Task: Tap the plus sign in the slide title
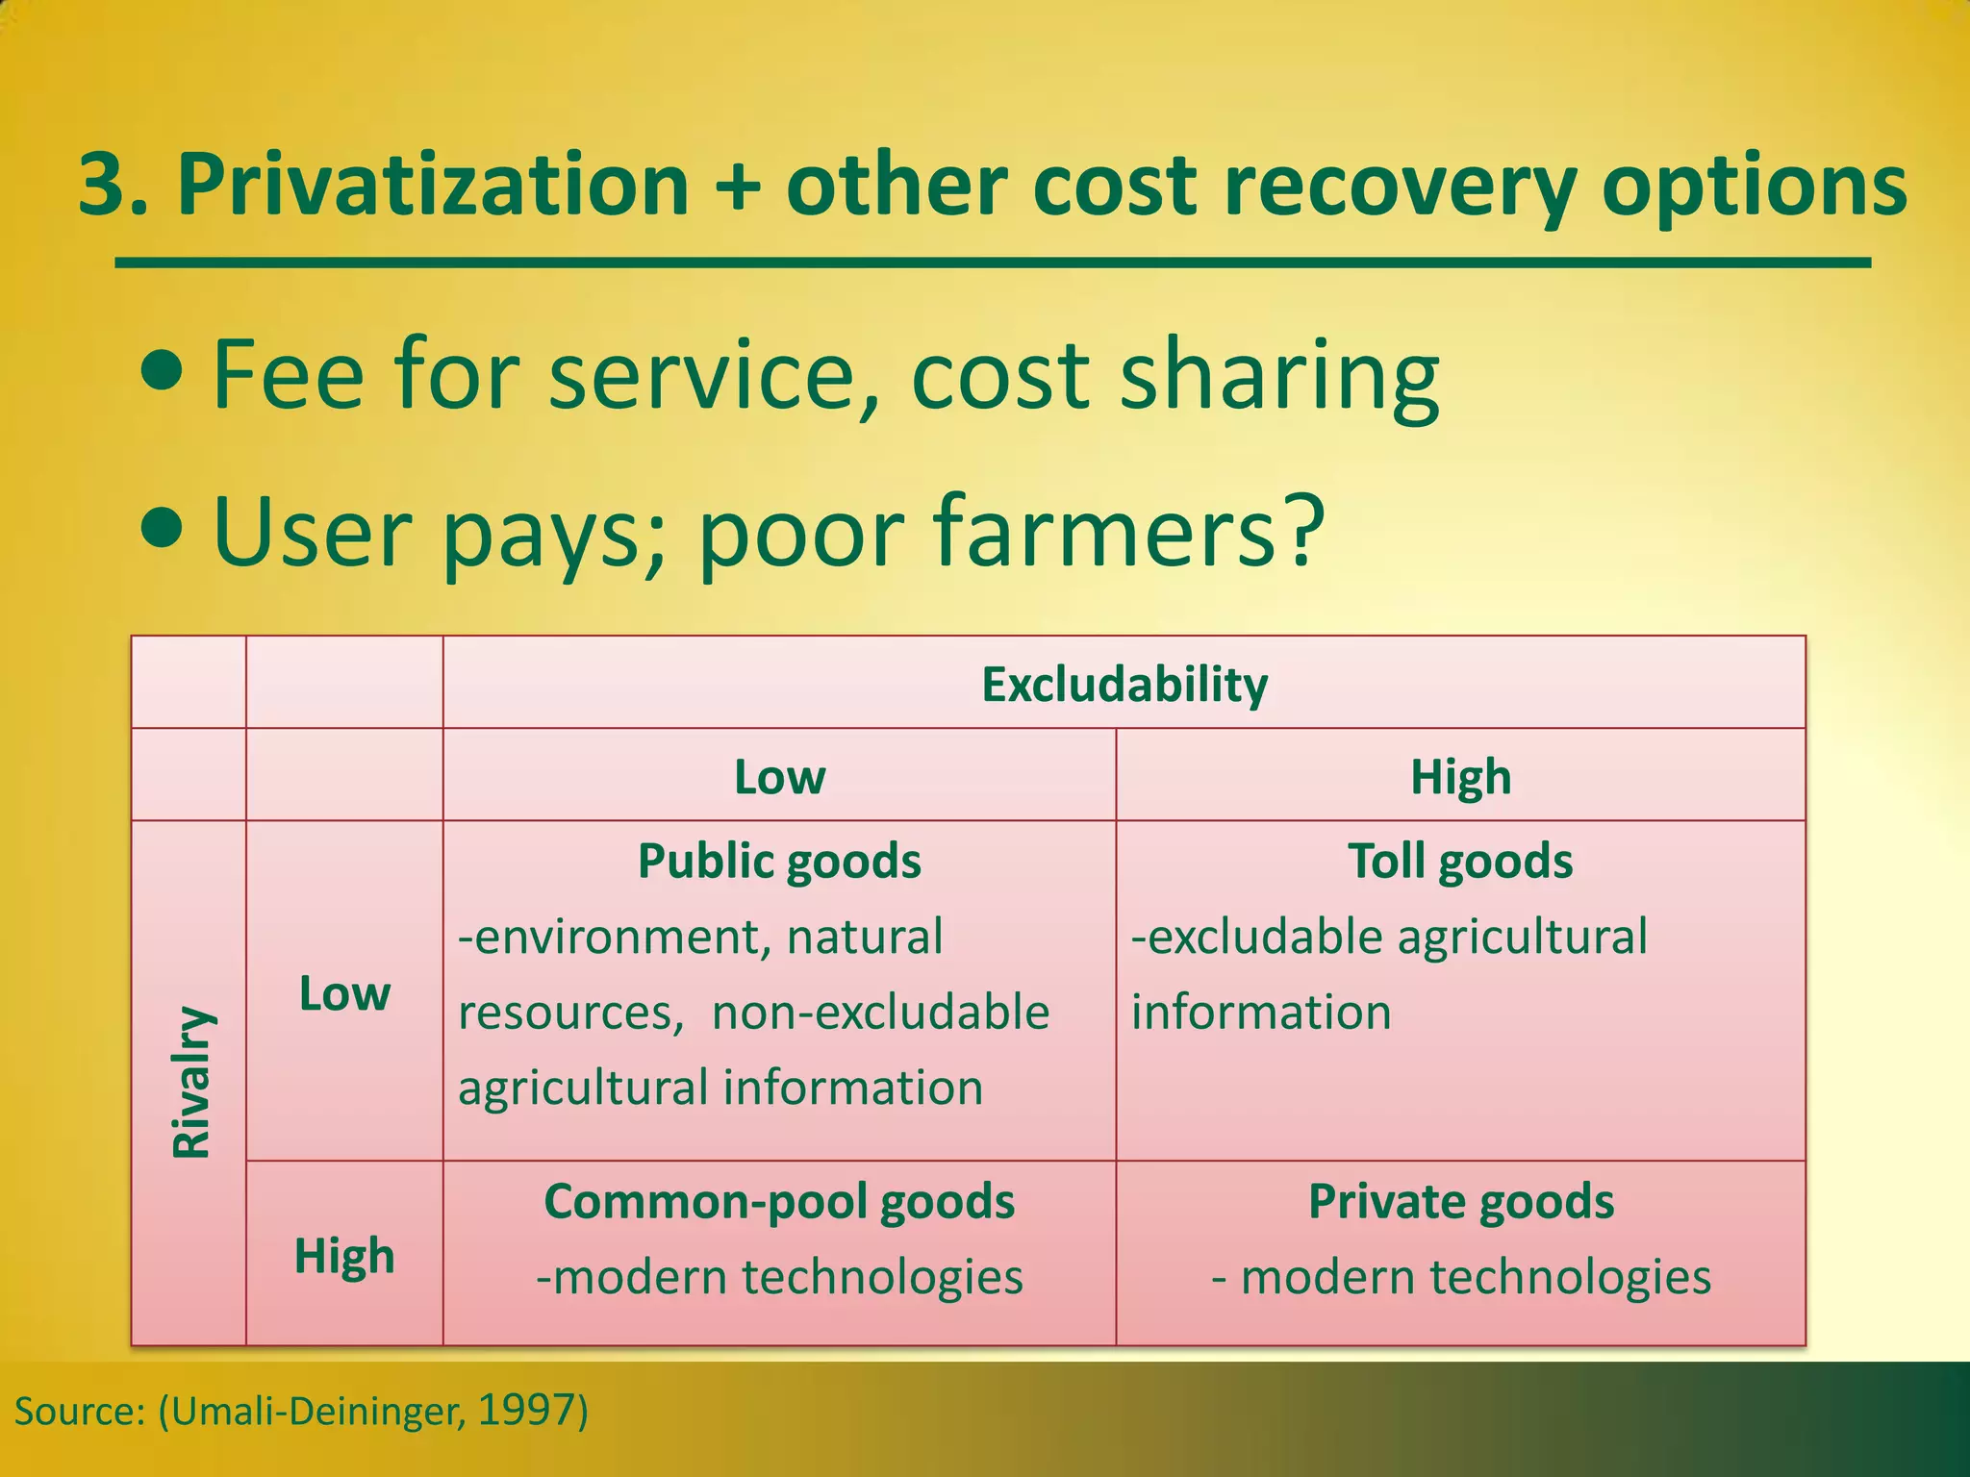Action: tap(739, 188)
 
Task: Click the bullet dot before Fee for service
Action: tap(161, 373)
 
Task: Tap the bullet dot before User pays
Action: tap(161, 527)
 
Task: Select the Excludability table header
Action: tap(1124, 685)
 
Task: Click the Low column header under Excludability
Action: tap(779, 777)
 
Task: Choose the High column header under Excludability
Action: tap(1460, 777)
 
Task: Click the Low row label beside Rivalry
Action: tap(344, 993)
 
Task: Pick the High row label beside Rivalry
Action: tap(344, 1256)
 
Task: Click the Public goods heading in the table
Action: tap(779, 861)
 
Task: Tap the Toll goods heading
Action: tap(1460, 861)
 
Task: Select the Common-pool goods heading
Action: tap(779, 1201)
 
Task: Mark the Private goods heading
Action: tap(1460, 1201)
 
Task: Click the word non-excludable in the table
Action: tap(880, 1013)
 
